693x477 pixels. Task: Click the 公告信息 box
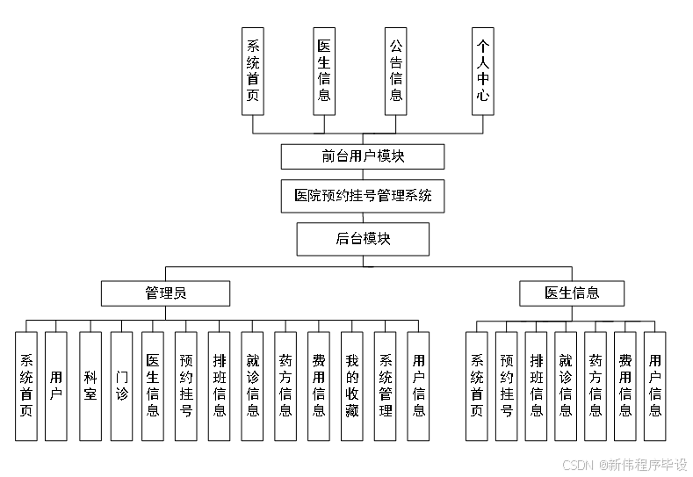click(x=396, y=70)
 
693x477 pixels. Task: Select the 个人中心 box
click(x=482, y=70)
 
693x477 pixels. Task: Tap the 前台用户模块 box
click(x=363, y=156)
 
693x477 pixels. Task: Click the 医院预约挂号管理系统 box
click(x=363, y=196)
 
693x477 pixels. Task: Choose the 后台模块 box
click(x=363, y=238)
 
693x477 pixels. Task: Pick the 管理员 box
click(x=165, y=293)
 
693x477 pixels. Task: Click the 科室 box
click(x=90, y=386)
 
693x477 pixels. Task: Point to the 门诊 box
click(x=122, y=386)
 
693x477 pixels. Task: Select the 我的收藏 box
click(x=352, y=386)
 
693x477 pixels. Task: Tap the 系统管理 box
click(x=386, y=386)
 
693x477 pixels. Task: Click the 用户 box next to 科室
click(x=56, y=386)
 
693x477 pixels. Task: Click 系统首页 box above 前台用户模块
click(x=253, y=70)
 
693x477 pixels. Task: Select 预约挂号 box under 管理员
click(x=185, y=386)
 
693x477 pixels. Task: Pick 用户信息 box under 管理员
click(x=419, y=386)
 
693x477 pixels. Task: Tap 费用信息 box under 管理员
click(x=319, y=386)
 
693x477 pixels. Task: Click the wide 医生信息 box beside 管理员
click(x=572, y=293)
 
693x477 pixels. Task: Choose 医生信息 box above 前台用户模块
click(x=324, y=70)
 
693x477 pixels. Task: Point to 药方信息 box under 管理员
click(x=285, y=386)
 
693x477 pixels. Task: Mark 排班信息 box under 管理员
click(x=219, y=386)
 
